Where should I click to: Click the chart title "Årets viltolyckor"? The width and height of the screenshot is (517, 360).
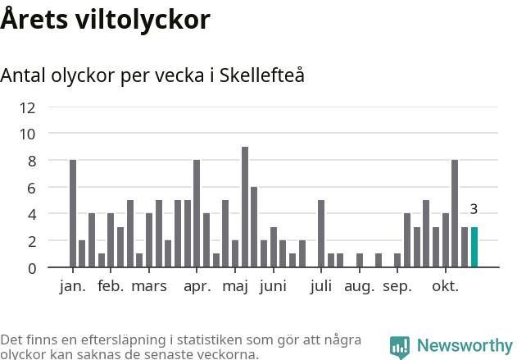(x=105, y=20)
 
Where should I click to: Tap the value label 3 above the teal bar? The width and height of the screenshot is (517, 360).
(x=474, y=209)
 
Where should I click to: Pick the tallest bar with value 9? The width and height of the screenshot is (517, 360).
(x=245, y=207)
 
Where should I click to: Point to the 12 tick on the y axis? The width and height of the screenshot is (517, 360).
(x=51, y=107)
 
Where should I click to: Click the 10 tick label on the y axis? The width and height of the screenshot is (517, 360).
(x=51, y=134)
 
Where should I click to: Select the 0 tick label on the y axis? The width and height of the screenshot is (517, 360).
(x=54, y=268)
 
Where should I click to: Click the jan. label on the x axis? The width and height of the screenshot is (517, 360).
(x=73, y=286)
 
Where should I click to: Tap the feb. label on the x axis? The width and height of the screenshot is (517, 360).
(x=111, y=286)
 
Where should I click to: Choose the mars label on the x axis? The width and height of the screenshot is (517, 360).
(x=149, y=286)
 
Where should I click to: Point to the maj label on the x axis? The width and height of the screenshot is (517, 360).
(x=235, y=286)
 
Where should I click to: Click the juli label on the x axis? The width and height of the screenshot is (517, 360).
(x=321, y=286)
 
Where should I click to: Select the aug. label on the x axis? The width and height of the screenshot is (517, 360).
(x=360, y=286)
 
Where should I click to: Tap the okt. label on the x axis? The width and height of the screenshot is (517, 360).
(x=446, y=286)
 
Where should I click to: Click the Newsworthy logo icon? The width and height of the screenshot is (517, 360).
(x=400, y=347)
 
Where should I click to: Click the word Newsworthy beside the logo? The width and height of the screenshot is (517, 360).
(x=465, y=346)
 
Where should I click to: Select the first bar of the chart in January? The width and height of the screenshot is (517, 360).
(x=73, y=214)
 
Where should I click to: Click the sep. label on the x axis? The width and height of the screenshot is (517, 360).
(x=397, y=286)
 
